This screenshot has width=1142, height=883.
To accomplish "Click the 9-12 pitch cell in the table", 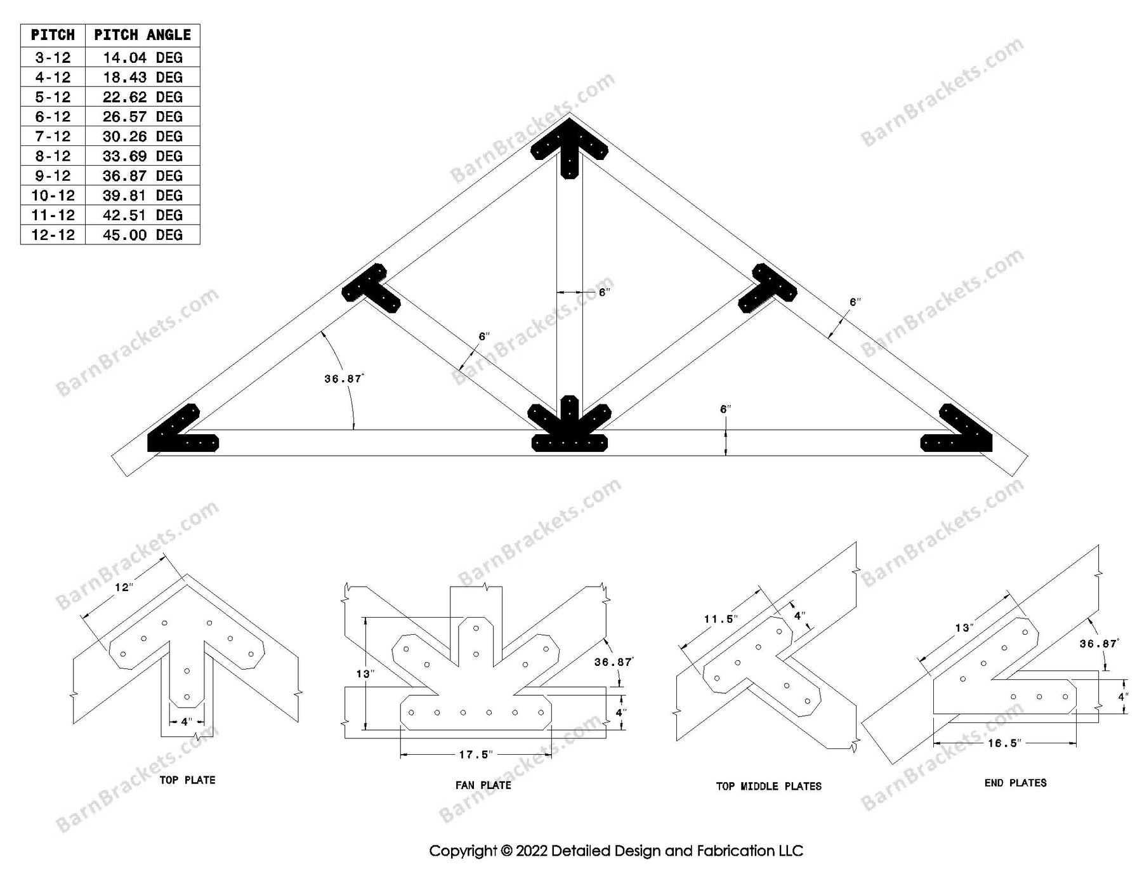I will (x=53, y=176).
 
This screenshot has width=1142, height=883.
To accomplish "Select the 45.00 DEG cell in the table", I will (x=142, y=235).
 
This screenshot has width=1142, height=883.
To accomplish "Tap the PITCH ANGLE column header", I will (x=142, y=35).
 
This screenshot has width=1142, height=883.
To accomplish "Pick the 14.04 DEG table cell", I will (x=142, y=58).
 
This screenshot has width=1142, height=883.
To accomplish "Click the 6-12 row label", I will (x=53, y=117).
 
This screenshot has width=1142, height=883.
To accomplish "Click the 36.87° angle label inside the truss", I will (x=343, y=379).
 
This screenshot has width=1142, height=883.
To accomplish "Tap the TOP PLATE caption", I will (x=187, y=780).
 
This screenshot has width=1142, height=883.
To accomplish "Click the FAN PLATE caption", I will (x=483, y=785).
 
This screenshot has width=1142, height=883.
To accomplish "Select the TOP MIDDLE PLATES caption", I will (x=768, y=787).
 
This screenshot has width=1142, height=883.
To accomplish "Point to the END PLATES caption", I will (x=1015, y=783).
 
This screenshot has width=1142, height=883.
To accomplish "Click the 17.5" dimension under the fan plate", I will (x=476, y=755).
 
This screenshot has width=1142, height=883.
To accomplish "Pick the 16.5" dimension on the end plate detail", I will (x=1003, y=743).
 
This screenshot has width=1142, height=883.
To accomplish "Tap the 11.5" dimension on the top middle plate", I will (x=719, y=620).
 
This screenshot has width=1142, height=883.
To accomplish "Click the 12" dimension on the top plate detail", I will (x=122, y=588).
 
